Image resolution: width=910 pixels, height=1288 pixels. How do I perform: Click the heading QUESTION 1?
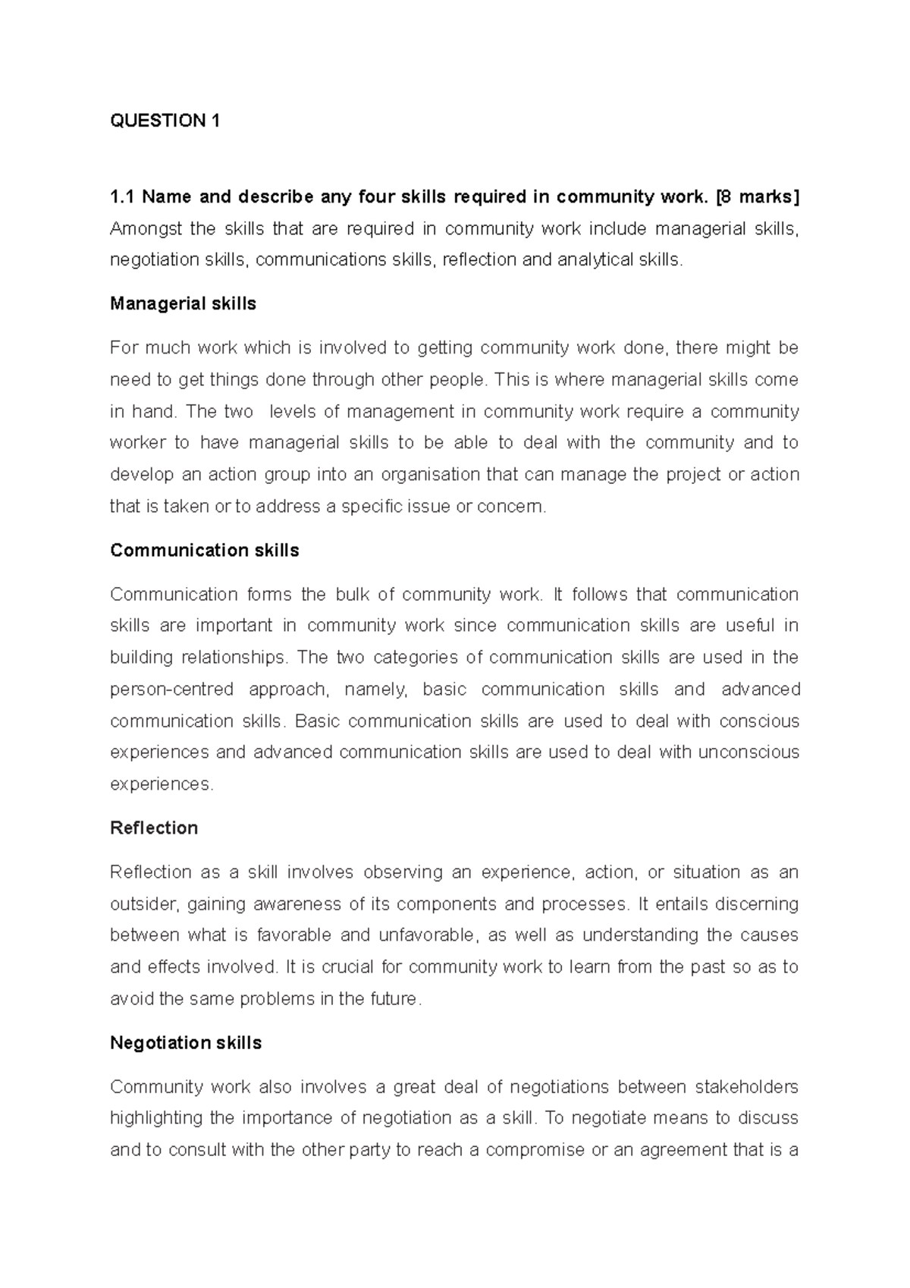[165, 121]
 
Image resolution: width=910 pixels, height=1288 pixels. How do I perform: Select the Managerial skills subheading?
[183, 303]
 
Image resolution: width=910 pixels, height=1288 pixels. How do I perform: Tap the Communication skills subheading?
[204, 550]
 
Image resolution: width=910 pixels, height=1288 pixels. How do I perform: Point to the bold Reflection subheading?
[154, 828]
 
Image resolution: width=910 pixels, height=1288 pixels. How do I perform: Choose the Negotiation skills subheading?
[186, 1043]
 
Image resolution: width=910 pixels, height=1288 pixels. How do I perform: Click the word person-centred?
[171, 690]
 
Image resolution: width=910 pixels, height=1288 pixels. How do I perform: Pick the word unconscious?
[748, 752]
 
